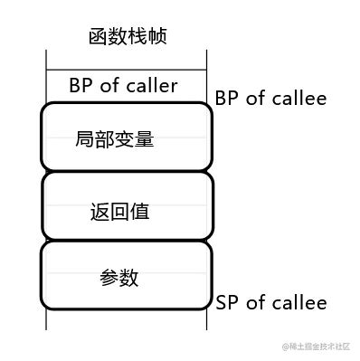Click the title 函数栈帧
click(128, 36)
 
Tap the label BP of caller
click(123, 86)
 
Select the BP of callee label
click(270, 98)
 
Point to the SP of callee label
click(270, 302)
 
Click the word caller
click(150, 86)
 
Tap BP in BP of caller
click(80, 86)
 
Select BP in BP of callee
click(226, 98)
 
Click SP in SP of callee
click(226, 302)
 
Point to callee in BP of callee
click(298, 98)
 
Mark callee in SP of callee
click(298, 302)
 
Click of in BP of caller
click(107, 86)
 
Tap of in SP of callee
click(254, 302)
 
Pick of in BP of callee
click(254, 98)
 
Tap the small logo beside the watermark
click(284, 347)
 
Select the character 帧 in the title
click(158, 36)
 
